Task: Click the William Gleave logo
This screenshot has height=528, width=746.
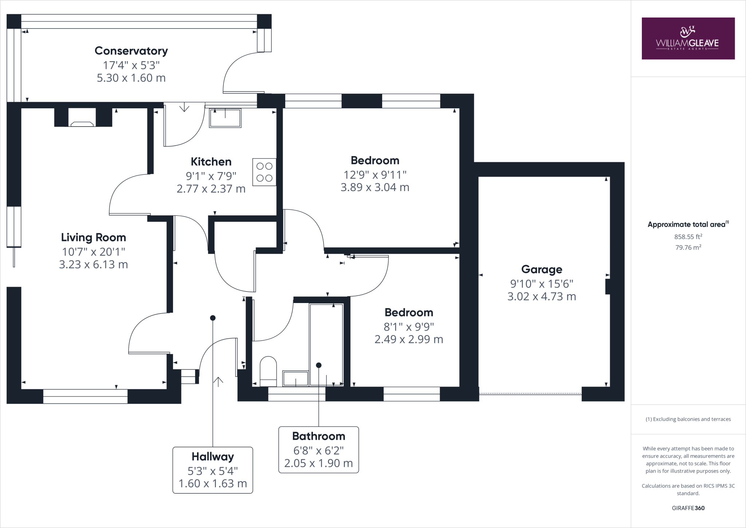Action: pyautogui.click(x=688, y=38)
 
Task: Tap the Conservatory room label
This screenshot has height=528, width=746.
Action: pyautogui.click(x=131, y=51)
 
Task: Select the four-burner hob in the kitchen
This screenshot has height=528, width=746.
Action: pyautogui.click(x=264, y=172)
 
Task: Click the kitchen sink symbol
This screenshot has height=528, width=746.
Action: pyautogui.click(x=225, y=118)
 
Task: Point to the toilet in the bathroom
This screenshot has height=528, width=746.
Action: pyautogui.click(x=268, y=371)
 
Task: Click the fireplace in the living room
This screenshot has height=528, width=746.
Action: pyautogui.click(x=83, y=117)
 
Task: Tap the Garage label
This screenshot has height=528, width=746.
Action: pyautogui.click(x=542, y=269)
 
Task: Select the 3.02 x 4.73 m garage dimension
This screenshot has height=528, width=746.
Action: pyautogui.click(x=542, y=296)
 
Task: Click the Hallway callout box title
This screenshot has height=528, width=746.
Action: pyautogui.click(x=213, y=457)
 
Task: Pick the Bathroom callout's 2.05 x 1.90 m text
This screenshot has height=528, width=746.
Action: pyautogui.click(x=319, y=463)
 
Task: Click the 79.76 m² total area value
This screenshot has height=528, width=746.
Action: pyautogui.click(x=688, y=247)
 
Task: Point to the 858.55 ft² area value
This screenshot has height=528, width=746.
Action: pyautogui.click(x=688, y=237)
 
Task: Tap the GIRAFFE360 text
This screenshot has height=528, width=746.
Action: pyautogui.click(x=688, y=508)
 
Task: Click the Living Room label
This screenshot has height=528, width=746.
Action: pyautogui.click(x=94, y=237)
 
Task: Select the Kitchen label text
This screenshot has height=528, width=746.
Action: pyautogui.click(x=211, y=162)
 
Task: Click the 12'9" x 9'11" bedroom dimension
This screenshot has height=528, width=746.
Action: pyautogui.click(x=375, y=175)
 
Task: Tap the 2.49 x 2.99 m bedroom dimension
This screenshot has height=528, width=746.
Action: pyautogui.click(x=409, y=339)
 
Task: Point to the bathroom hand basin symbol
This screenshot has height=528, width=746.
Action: pyautogui.click(x=296, y=378)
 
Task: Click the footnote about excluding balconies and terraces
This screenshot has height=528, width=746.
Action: pyautogui.click(x=688, y=419)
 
